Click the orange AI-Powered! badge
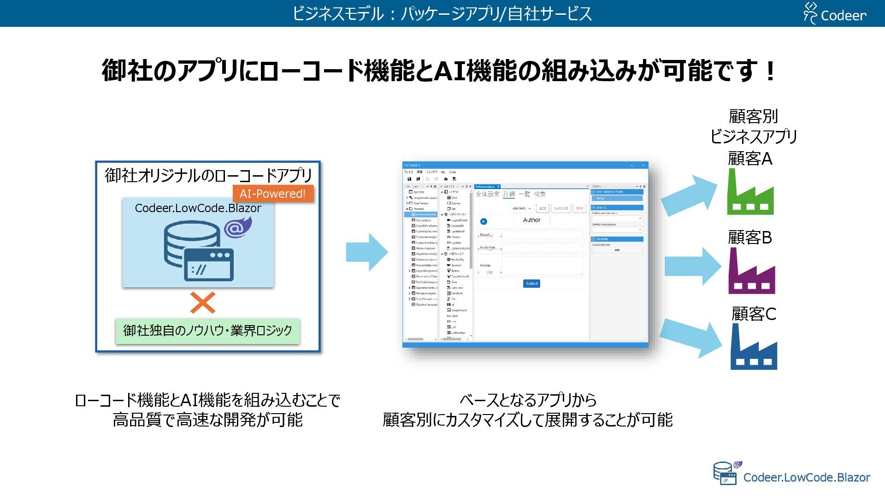273,194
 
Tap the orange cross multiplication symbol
203,303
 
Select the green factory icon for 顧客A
750,194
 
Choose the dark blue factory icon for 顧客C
753,348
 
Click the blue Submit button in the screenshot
531,284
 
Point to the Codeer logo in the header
835,14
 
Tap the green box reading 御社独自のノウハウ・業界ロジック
207,331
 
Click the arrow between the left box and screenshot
367,252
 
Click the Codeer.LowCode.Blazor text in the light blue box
198,208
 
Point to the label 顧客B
749,237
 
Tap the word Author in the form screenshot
531,220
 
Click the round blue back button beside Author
484,222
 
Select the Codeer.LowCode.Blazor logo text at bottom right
806,477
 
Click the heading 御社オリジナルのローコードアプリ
208,175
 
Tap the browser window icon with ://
209,265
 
